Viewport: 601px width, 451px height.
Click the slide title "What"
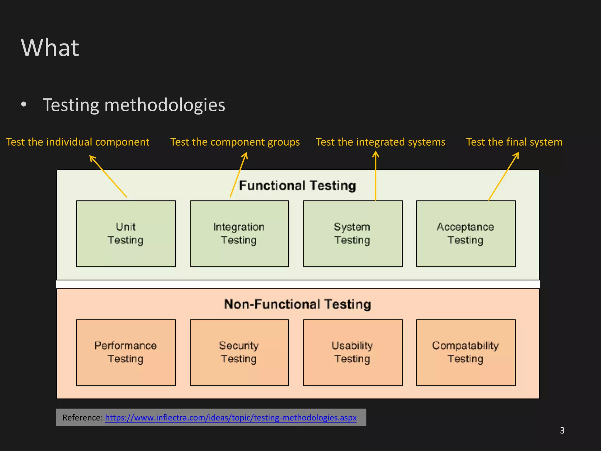[x=50, y=48]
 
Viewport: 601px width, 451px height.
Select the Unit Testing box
[x=126, y=234]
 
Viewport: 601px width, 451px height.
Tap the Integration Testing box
[x=239, y=234]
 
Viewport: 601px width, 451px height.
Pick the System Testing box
[x=352, y=234]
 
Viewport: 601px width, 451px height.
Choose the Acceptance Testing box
[x=466, y=234]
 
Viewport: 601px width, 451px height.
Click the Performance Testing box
[x=126, y=352]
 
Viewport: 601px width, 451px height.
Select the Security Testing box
[x=239, y=352]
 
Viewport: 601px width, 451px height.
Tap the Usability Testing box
[x=352, y=352]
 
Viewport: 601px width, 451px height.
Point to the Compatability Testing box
[x=466, y=352]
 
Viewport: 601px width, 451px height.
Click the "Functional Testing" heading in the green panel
[x=298, y=186]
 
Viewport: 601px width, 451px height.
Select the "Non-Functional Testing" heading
[x=298, y=304]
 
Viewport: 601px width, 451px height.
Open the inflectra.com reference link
[x=231, y=418]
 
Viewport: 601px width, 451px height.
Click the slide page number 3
[x=562, y=430]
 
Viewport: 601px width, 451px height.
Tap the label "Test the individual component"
[x=78, y=142]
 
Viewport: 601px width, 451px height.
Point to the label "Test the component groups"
[x=235, y=142]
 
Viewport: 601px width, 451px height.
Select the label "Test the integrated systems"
[x=381, y=142]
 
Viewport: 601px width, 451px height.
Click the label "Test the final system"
[x=514, y=142]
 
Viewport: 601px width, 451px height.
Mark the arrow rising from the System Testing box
[x=376, y=176]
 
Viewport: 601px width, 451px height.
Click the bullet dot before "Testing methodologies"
[x=24, y=104]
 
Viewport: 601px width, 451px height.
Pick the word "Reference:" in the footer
[x=82, y=418]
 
